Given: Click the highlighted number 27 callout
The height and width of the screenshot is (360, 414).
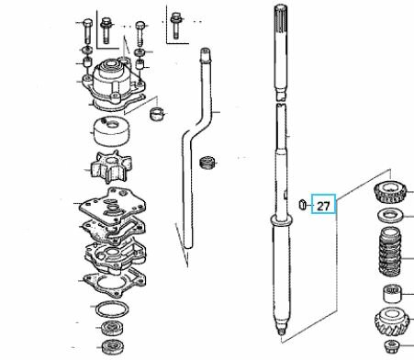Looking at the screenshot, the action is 323,204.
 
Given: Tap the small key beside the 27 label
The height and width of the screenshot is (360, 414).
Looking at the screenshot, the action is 302,204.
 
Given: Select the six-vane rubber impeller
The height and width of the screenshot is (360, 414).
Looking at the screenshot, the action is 111,166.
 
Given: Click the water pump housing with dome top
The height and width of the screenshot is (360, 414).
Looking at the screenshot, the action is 113,84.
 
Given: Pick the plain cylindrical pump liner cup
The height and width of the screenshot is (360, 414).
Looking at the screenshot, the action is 111,131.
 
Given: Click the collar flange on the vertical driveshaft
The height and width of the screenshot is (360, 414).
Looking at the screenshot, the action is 281,220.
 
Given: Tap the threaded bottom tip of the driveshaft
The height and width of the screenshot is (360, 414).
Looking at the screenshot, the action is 281,332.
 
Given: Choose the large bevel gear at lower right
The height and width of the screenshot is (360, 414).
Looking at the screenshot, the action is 392,321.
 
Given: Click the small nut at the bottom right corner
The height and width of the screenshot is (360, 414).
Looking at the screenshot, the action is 392,346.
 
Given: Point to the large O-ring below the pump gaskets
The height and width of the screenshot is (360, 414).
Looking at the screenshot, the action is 112,309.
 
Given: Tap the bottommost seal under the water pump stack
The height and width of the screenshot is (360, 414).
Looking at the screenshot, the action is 112,346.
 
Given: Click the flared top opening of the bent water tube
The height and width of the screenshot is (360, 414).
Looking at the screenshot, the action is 205,53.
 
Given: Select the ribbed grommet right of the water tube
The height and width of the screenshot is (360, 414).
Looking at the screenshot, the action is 207,163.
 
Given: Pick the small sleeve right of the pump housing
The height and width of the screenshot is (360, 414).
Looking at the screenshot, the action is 157,114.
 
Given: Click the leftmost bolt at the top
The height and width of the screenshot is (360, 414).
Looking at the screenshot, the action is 87,31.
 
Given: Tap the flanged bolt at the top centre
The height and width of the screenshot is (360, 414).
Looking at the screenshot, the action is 175,26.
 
